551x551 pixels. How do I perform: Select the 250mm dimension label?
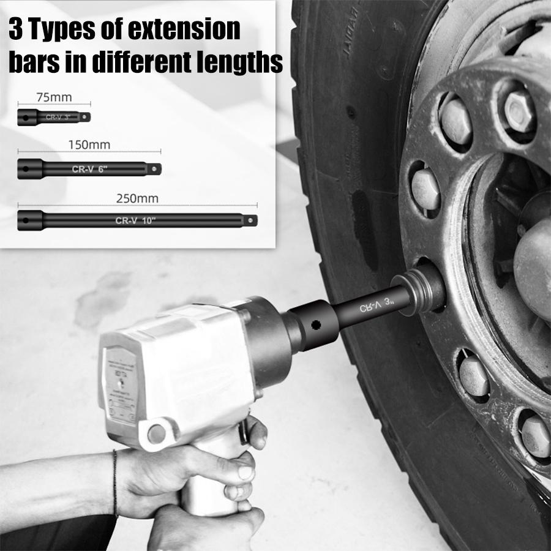pos(137,198)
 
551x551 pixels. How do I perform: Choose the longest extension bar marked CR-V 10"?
pos(137,220)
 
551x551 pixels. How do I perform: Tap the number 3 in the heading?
pos(15,29)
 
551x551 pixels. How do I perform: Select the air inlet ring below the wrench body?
pos(157,433)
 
